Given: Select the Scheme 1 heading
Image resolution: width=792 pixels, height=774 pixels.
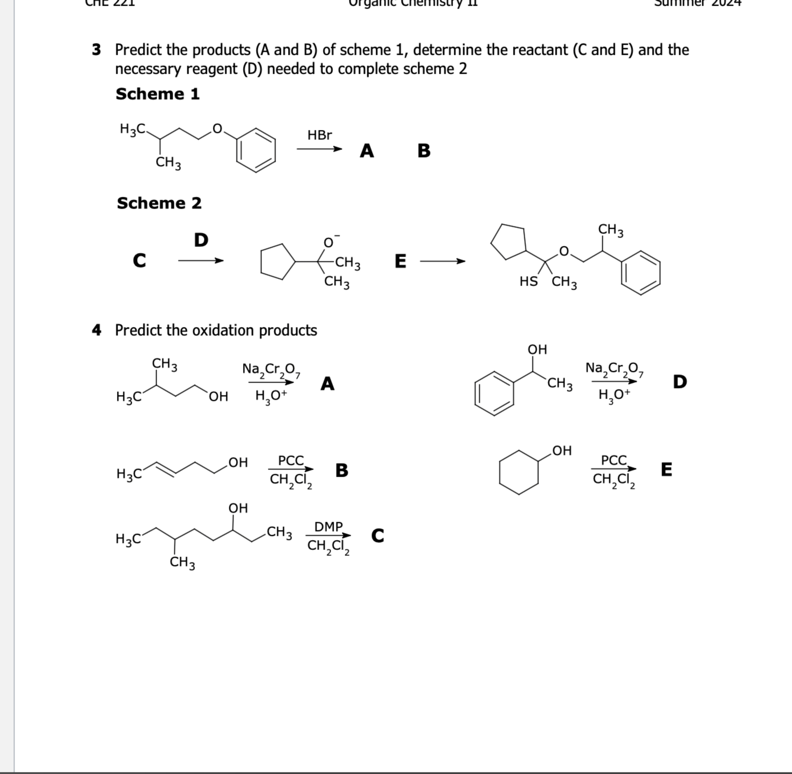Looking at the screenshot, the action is click(158, 94).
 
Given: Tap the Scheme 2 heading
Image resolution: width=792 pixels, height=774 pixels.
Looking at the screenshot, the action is click(159, 203).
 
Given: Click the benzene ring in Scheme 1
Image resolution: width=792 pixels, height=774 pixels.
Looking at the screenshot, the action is click(256, 150).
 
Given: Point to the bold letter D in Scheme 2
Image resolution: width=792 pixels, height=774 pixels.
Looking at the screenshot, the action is click(201, 240).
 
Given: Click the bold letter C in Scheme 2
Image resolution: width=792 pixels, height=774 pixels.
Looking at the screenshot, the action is click(139, 261).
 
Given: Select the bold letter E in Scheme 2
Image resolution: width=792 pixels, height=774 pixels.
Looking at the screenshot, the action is click(400, 261).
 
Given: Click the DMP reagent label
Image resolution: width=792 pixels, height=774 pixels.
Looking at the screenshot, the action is click(329, 527).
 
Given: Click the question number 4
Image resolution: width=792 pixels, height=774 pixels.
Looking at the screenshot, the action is click(96, 330).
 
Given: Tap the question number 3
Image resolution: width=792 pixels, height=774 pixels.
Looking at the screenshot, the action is click(96, 50).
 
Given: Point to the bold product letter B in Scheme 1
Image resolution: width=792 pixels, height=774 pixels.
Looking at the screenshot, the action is click(424, 151).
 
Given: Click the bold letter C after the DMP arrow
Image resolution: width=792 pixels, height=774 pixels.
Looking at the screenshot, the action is click(377, 536).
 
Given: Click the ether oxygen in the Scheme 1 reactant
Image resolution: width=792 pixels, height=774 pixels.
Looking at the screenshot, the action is click(218, 129).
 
